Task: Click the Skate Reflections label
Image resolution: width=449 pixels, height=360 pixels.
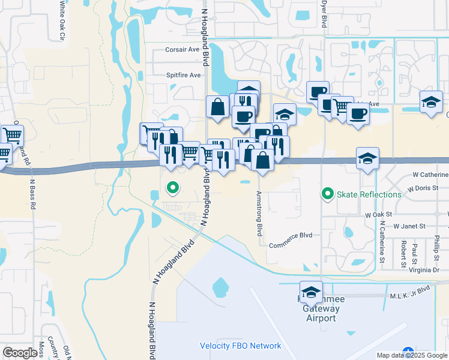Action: coord(369,194)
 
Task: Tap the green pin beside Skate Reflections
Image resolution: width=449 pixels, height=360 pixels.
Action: coord(327,194)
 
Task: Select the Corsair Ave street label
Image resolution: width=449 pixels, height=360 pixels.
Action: coord(182,50)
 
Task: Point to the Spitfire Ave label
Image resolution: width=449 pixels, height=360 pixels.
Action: coord(184,75)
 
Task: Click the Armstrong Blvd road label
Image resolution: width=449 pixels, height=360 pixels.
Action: coord(260,213)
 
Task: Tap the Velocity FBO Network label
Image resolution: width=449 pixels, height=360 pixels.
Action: coord(240,346)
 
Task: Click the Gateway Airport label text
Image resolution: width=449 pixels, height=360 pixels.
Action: coord(321,313)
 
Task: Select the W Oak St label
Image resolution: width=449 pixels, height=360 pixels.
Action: coord(378,214)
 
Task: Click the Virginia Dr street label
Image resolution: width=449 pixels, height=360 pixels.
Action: coord(423,270)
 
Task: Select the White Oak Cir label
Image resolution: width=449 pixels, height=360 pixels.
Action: coord(62,20)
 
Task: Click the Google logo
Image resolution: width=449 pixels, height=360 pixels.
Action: coord(20,353)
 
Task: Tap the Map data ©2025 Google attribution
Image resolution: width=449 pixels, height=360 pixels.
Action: coord(412,355)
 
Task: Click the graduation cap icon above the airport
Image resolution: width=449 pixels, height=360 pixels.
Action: coord(310,292)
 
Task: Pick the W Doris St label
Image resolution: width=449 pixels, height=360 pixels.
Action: coord(423,188)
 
